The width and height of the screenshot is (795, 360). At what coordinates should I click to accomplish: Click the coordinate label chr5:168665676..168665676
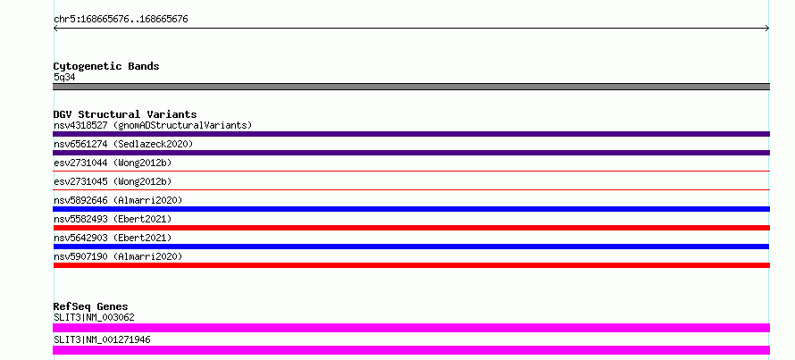point(121,20)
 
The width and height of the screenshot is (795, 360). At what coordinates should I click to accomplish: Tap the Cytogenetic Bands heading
point(106,66)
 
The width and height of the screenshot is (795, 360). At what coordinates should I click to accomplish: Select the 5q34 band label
point(65,78)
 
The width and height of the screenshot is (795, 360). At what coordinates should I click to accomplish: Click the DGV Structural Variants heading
point(125,114)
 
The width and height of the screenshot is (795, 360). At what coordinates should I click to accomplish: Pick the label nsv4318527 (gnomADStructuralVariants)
point(153,125)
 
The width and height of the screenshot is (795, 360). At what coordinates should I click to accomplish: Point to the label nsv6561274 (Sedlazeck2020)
point(123,144)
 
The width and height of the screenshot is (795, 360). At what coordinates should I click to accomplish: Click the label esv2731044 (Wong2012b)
point(113,163)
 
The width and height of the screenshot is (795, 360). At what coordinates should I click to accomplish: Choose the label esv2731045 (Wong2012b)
point(113,181)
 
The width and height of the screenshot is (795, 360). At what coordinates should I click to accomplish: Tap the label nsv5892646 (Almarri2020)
point(118,200)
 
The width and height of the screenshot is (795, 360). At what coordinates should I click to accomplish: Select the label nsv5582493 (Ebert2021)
point(113,219)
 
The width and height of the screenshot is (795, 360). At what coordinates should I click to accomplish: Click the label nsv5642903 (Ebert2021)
point(113,238)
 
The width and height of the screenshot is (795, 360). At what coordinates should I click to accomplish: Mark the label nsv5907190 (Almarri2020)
point(118,256)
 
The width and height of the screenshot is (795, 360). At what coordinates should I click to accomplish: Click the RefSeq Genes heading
point(90,306)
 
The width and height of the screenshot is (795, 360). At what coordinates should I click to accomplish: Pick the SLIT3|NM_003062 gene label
point(94,317)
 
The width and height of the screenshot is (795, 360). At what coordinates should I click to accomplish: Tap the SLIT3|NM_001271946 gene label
point(102,339)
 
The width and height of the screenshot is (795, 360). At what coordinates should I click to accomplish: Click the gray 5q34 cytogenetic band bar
point(411,87)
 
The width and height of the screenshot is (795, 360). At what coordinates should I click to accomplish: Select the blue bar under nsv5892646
point(411,209)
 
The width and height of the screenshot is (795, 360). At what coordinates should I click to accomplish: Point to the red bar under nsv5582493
point(411,228)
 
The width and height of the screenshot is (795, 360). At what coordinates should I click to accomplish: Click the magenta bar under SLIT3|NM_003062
point(411,328)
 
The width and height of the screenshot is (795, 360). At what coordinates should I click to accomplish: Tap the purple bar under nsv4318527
point(411,134)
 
